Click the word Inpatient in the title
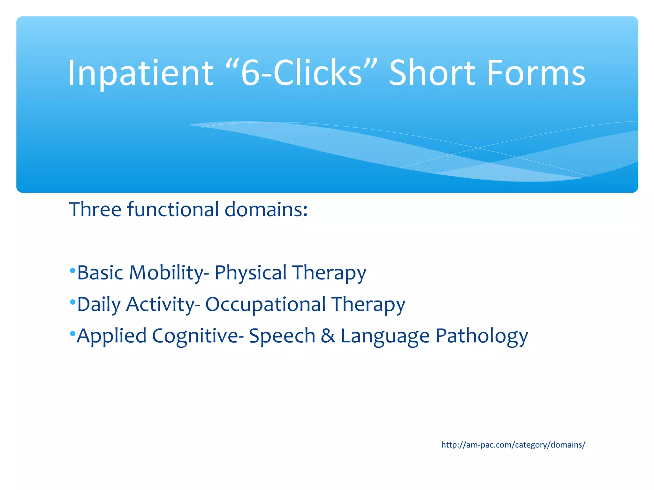point(141,73)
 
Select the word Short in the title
point(433,73)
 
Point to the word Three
point(95,210)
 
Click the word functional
point(173,210)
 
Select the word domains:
point(266,210)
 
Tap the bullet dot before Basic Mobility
point(72,271)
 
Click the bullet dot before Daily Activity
point(72,302)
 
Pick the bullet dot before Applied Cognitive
point(72,334)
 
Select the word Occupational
point(265,304)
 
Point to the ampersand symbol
point(328,336)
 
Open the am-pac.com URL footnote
point(513,445)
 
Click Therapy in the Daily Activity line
point(368,305)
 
